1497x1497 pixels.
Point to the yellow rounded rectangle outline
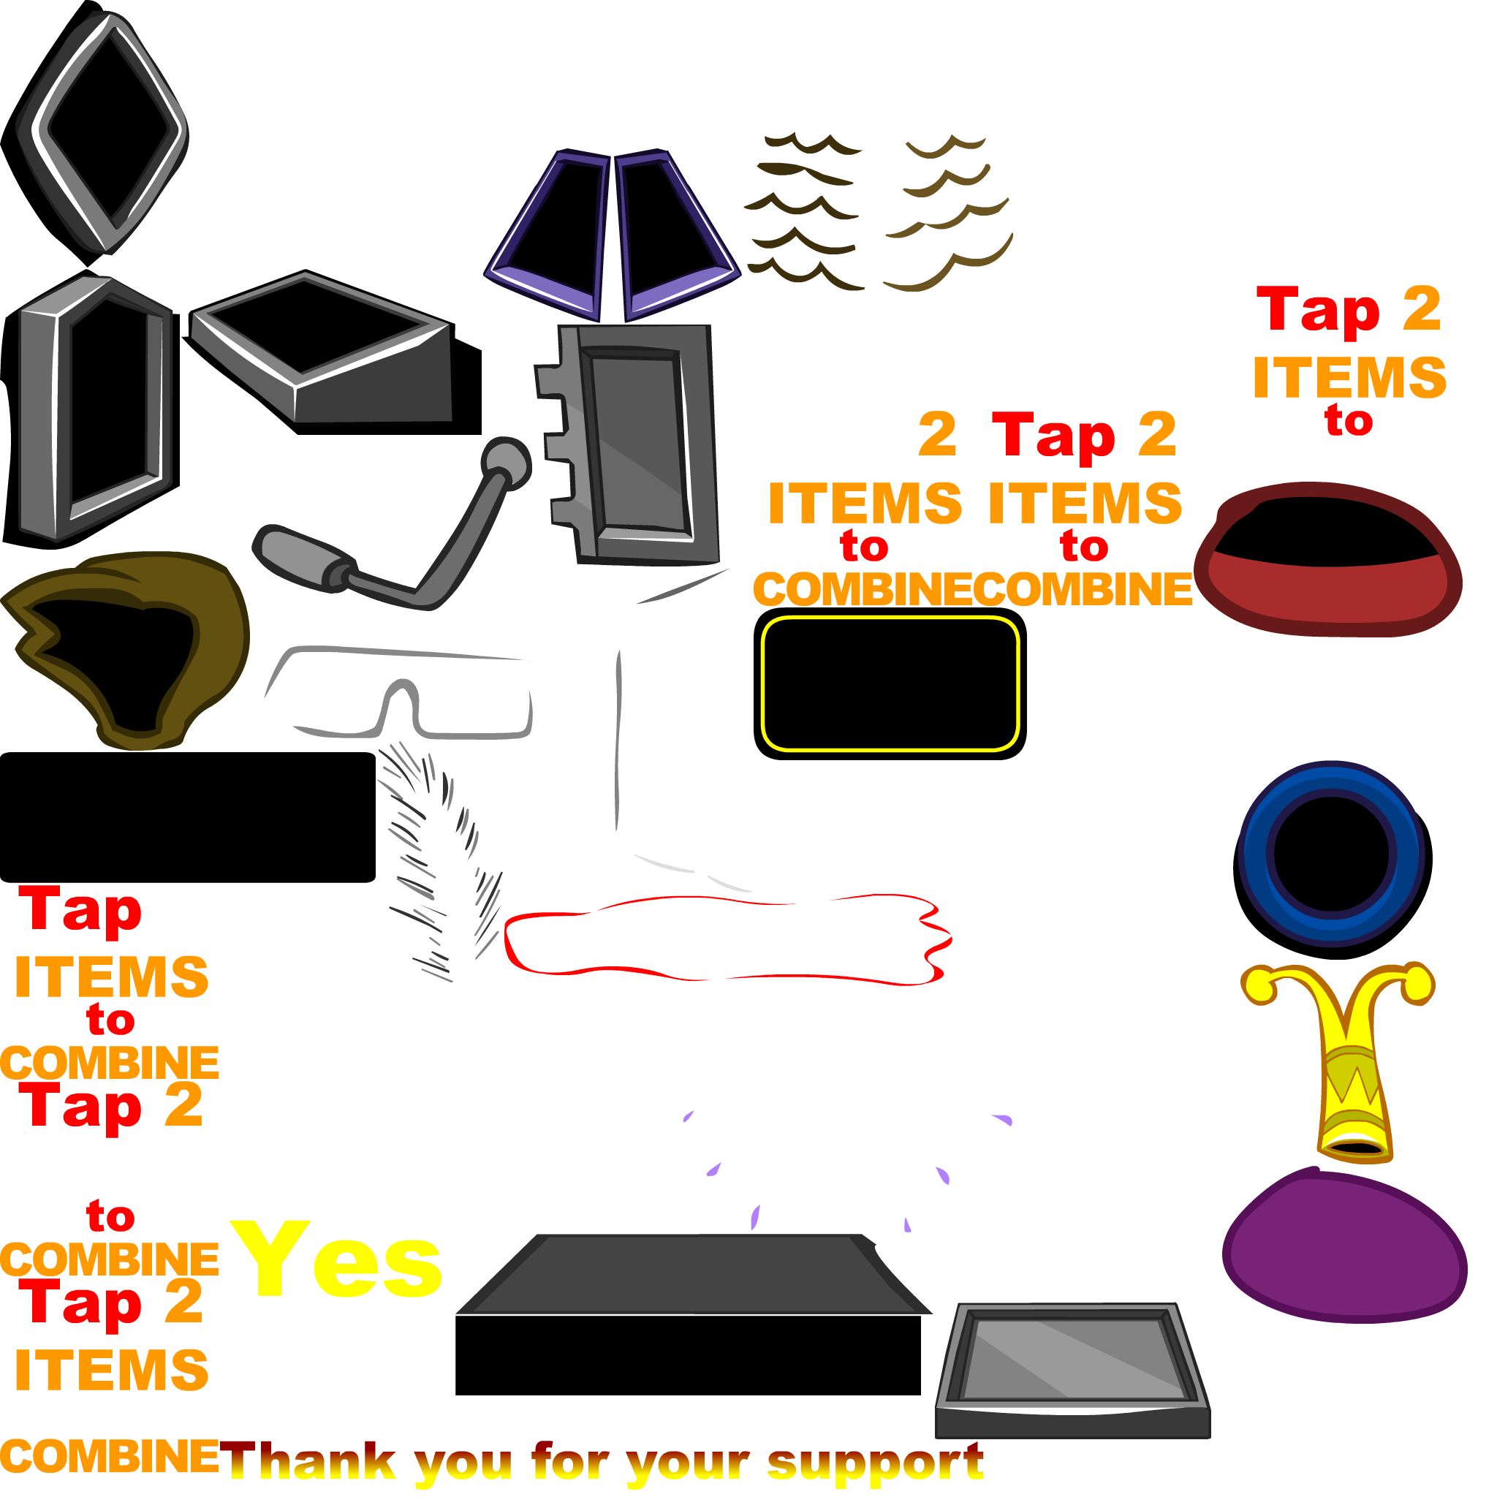point(889,621)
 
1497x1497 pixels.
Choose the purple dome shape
point(1344,1248)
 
